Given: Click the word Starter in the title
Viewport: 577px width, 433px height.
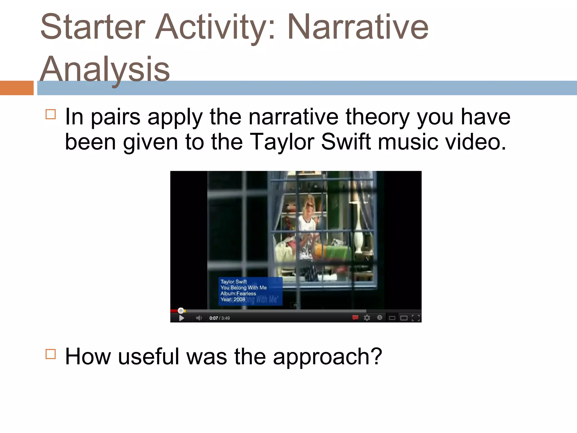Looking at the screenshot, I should pyautogui.click(x=93, y=28).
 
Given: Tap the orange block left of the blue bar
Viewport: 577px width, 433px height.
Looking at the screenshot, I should pyautogui.click(x=17, y=88).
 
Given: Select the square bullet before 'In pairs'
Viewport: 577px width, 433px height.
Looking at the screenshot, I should pyautogui.click(x=51, y=114).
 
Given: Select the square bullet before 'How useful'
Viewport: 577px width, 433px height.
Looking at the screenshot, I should pyautogui.click(x=51, y=354).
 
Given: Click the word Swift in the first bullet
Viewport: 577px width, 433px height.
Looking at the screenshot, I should pyautogui.click(x=346, y=142).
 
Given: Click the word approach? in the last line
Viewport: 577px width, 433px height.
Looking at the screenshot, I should pyautogui.click(x=327, y=357).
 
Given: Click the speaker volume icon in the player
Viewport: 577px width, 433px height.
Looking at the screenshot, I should pyautogui.click(x=199, y=318).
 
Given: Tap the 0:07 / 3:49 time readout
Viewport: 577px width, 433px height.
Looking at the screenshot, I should pyautogui.click(x=219, y=318).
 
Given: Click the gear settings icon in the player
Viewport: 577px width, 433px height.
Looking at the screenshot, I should pyautogui.click(x=367, y=318).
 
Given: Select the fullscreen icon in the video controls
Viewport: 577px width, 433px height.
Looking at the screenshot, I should pyautogui.click(x=416, y=318).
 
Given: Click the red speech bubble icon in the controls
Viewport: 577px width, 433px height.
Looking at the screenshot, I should pyautogui.click(x=355, y=318).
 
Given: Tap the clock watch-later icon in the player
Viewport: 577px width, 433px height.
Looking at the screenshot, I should pyautogui.click(x=380, y=318).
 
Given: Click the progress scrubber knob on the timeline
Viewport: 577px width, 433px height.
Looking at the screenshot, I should pyautogui.click(x=181, y=311).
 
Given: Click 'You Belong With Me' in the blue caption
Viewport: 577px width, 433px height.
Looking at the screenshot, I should pyautogui.click(x=243, y=288).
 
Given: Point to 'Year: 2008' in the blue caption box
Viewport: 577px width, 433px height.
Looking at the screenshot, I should pyautogui.click(x=233, y=299).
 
